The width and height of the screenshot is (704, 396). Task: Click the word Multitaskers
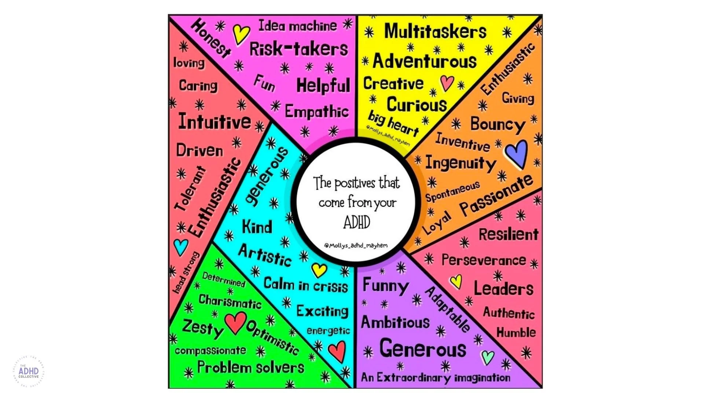[x=435, y=31]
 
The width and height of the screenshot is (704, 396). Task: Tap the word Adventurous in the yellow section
[x=425, y=60]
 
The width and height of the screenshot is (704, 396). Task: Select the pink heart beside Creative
[x=447, y=83]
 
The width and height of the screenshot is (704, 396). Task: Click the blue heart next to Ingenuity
[x=517, y=154]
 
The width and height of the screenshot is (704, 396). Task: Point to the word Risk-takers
[x=298, y=49]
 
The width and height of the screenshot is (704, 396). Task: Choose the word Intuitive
[x=214, y=121]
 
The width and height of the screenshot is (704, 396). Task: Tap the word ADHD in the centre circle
[x=357, y=222]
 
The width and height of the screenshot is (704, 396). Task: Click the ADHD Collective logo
[x=29, y=371]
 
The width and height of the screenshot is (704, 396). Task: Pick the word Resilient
[x=509, y=234]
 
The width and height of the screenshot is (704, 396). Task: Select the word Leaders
[x=503, y=288]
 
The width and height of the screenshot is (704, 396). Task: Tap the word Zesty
[x=202, y=328]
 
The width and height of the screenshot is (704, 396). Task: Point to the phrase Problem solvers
[x=251, y=367]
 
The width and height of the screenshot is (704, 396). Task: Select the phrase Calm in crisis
[x=305, y=285]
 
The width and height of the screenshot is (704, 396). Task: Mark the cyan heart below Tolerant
[x=181, y=247]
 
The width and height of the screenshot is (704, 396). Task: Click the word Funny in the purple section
[x=386, y=286]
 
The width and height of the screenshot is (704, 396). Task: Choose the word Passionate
[x=496, y=195]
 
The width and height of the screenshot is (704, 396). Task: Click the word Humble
[x=516, y=332]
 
